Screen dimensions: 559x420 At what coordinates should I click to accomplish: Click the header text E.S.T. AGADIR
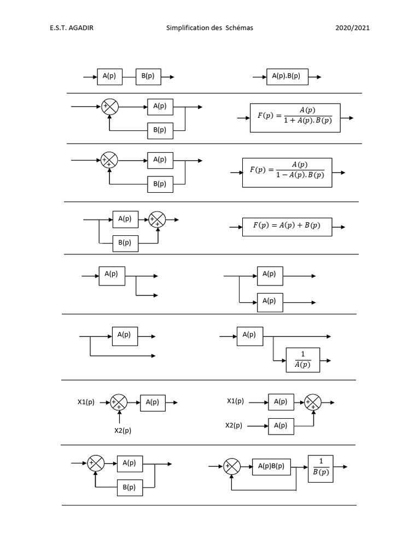[72, 28]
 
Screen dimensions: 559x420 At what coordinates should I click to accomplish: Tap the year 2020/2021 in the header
[352, 28]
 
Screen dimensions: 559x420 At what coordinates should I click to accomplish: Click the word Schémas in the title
[238, 28]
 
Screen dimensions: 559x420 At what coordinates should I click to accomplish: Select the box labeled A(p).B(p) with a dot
[287, 77]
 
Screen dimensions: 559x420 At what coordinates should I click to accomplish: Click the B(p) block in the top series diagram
[148, 77]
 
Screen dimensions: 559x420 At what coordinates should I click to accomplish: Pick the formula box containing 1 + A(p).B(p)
[295, 117]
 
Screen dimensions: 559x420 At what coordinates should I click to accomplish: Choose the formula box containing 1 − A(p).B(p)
[287, 173]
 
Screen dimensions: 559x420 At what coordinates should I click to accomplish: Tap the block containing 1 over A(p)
[302, 360]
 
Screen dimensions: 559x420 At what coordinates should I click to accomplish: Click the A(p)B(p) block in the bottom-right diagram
[271, 467]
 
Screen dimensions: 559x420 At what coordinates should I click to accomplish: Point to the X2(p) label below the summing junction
[122, 430]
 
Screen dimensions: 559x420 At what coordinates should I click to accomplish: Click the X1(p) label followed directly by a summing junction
[86, 402]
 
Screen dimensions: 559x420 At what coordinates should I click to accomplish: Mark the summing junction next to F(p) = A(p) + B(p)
[157, 219]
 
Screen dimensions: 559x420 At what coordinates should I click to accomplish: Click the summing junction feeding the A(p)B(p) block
[232, 467]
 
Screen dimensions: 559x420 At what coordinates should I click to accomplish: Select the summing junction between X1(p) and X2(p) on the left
[119, 402]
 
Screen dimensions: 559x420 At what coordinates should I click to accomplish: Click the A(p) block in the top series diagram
[109, 77]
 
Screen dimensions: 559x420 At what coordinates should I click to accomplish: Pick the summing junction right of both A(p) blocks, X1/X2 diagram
[313, 402]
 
